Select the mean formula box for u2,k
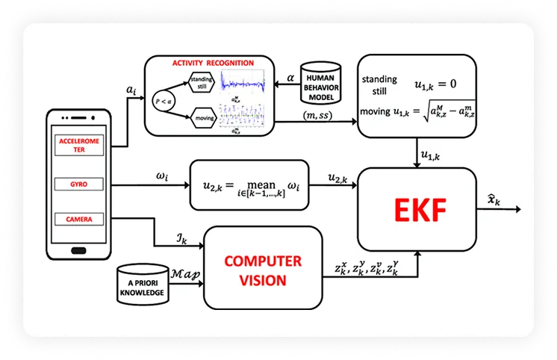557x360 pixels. [x=249, y=187]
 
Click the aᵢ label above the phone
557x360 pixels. [x=131, y=90]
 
